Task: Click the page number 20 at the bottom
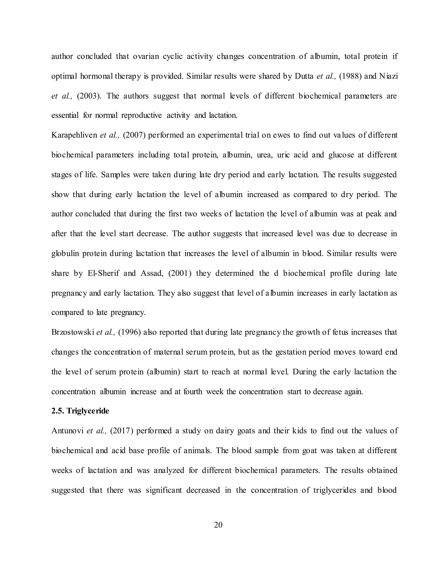coord(218,525)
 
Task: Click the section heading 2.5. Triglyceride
coord(80,411)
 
